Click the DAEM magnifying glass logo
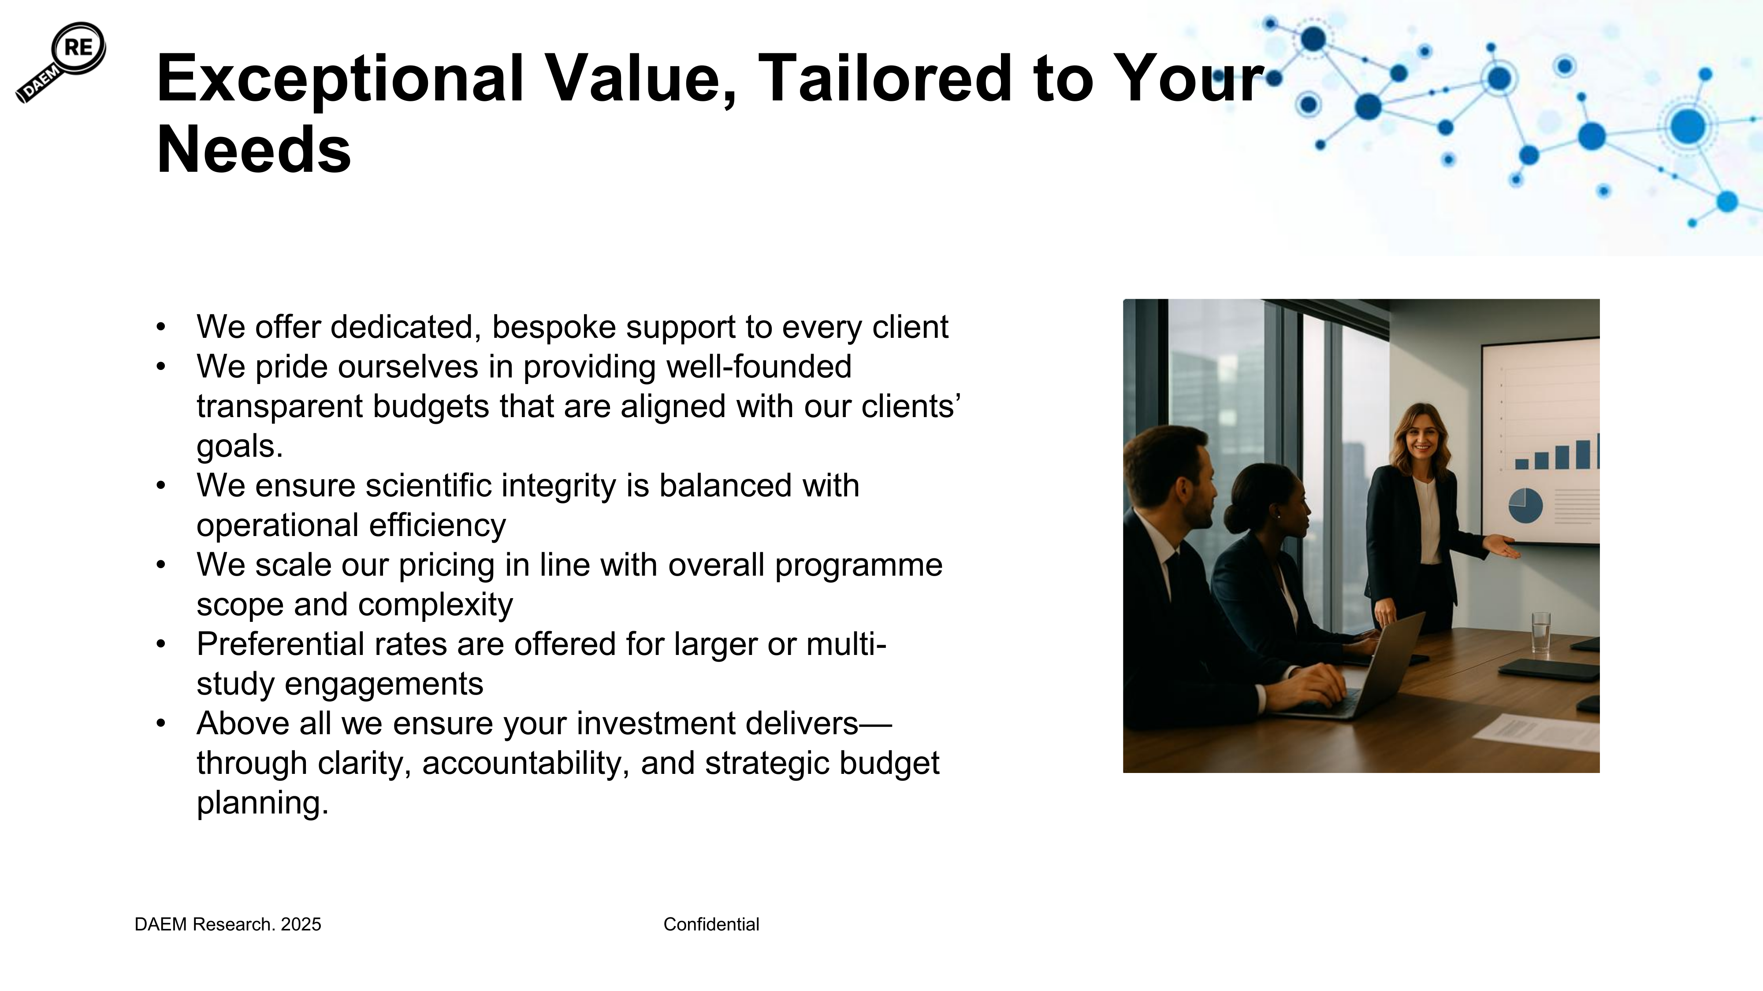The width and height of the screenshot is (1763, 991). pos(61,62)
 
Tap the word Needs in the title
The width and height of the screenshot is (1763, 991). pos(254,150)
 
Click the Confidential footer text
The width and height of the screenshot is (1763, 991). pos(711,924)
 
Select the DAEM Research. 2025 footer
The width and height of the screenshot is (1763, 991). pos(228,924)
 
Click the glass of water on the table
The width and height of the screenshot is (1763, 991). pos(1540,632)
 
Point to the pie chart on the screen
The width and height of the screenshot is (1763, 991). pos(1525,506)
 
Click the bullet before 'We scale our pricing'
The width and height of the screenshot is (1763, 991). pos(161,565)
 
